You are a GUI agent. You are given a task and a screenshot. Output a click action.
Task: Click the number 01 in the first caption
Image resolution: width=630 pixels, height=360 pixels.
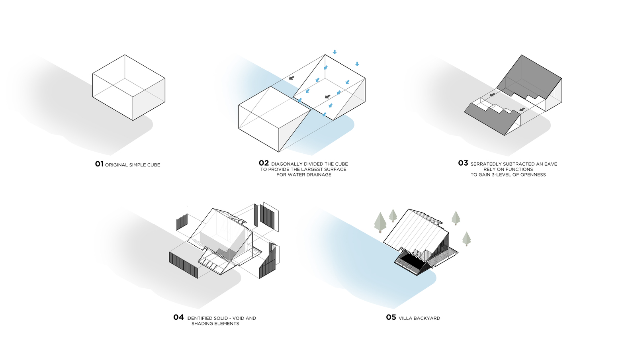pos(99,164)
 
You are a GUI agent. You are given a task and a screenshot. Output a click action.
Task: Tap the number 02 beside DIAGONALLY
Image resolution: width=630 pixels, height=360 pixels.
pos(264,163)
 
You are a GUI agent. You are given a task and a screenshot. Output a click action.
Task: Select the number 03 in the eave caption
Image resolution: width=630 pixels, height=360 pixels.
pos(463,163)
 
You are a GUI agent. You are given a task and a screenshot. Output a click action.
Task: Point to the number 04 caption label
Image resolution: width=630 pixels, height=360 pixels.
pos(178,317)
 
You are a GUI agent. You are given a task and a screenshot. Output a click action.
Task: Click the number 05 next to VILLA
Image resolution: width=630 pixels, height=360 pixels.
pos(391,317)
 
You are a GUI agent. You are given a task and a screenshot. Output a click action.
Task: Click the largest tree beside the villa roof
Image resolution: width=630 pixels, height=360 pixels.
pos(380,222)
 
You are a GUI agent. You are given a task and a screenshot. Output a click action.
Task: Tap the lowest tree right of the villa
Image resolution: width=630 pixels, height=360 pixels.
pos(467,239)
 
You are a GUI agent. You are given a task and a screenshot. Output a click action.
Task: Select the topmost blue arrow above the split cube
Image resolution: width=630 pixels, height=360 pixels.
pos(335,52)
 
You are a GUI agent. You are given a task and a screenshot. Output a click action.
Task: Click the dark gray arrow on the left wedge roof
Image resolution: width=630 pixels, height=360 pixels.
pos(292,78)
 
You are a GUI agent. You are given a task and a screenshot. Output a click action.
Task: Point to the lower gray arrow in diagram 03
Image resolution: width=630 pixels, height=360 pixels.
pos(522,109)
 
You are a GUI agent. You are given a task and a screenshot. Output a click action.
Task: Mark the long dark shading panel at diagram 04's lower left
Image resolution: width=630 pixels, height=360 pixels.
pos(184,265)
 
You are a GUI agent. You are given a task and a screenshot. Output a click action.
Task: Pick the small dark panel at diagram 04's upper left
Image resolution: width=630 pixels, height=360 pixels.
pos(182,222)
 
